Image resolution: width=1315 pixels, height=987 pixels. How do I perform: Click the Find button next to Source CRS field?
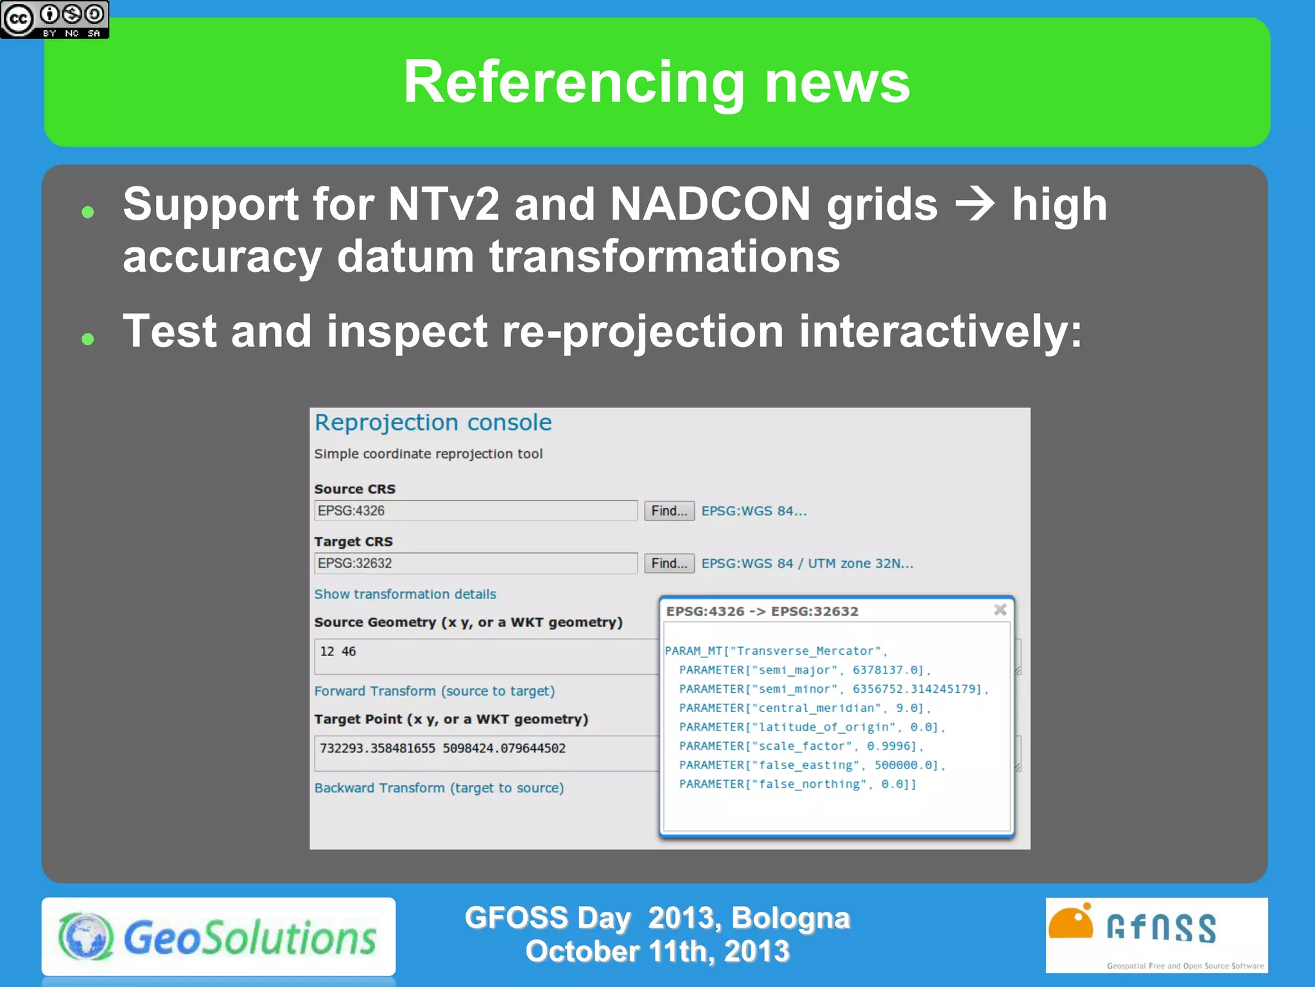click(668, 511)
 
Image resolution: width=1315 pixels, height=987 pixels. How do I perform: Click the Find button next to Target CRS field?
click(668, 564)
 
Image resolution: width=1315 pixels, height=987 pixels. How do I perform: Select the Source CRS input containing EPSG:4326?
click(475, 511)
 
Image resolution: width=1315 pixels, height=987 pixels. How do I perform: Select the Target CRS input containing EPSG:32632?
click(475, 564)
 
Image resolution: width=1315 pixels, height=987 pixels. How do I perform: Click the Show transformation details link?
click(405, 594)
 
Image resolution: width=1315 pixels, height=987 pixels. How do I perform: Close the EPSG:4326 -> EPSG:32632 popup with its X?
click(1000, 610)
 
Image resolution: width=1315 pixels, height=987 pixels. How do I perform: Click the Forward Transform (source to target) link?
click(434, 691)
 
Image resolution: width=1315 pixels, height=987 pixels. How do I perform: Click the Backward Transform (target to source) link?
click(439, 788)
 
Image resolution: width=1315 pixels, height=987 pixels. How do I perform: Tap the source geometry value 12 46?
click(338, 652)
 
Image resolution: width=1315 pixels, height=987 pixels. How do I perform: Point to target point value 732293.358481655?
click(378, 749)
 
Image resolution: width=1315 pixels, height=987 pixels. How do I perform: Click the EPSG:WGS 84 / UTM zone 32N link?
click(806, 564)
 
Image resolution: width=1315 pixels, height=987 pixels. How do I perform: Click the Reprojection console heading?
click(433, 423)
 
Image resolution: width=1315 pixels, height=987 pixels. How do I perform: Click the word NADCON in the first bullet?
click(710, 204)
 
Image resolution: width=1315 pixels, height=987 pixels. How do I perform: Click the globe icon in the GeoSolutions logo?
click(86, 936)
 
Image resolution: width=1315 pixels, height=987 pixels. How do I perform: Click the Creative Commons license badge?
click(55, 19)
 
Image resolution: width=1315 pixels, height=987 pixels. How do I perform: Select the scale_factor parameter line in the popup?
click(801, 746)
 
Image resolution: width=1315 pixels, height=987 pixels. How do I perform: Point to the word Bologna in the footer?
click(790, 918)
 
